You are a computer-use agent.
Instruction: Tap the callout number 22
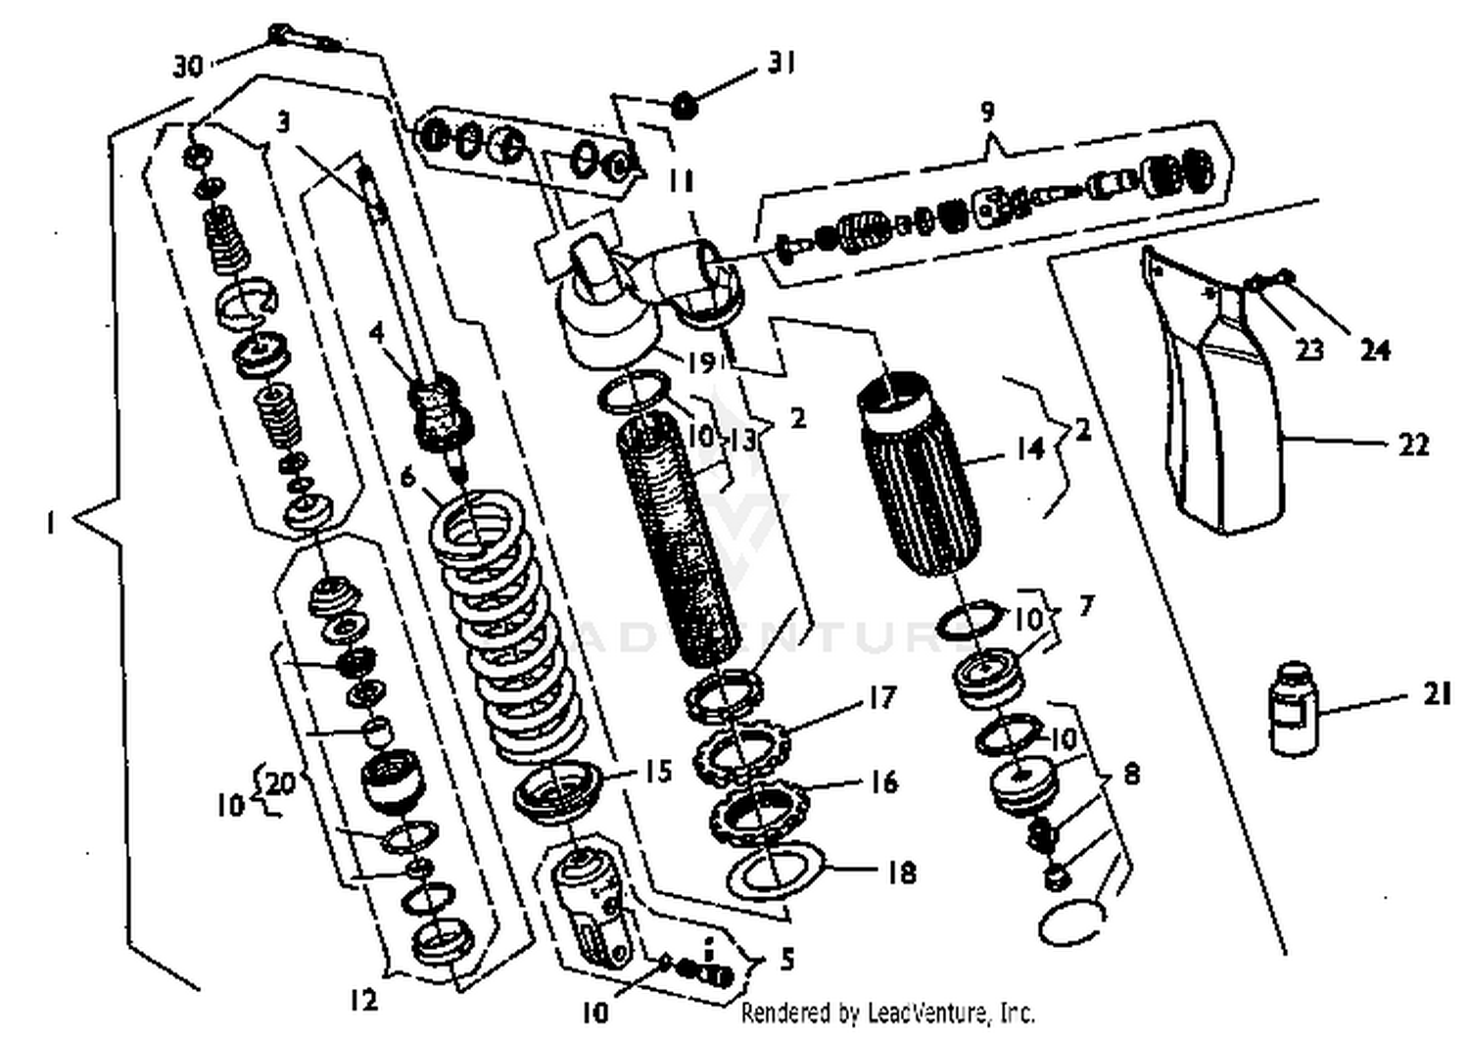tap(1412, 445)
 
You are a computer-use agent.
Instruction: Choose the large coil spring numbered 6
tap(509, 627)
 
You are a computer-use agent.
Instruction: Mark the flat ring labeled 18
tap(774, 872)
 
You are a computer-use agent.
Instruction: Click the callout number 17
tap(881, 697)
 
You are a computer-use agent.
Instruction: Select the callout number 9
tap(987, 111)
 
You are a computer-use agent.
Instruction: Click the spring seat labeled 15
tap(552, 789)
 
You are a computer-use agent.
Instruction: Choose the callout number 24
tap(1375, 349)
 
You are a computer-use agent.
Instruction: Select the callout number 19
tap(700, 362)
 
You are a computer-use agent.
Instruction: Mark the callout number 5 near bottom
tap(787, 959)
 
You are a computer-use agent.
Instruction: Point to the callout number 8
tap(1131, 775)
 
